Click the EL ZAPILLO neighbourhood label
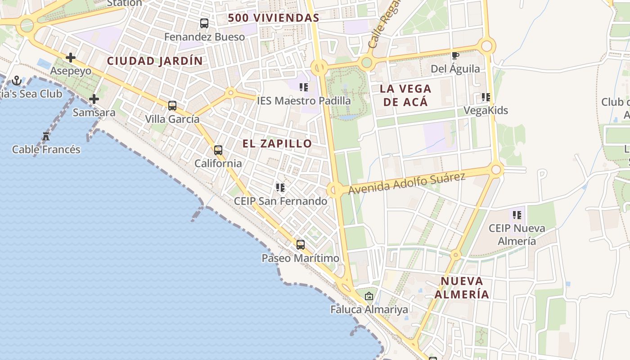[x=277, y=144]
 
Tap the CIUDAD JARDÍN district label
[x=154, y=61]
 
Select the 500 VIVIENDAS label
[x=273, y=18]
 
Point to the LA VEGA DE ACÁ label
[x=405, y=95]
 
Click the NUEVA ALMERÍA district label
[x=461, y=288]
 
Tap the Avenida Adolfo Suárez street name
[x=406, y=183]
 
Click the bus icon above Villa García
[x=172, y=106]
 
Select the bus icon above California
[x=218, y=150]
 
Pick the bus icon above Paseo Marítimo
[x=301, y=245]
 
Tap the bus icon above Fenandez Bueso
[x=204, y=23]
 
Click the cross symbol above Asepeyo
[x=71, y=58]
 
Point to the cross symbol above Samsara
[x=94, y=99]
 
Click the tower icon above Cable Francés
[x=46, y=136]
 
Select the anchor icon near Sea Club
[x=17, y=81]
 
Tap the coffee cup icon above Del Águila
[x=455, y=56]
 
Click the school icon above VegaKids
[x=486, y=97]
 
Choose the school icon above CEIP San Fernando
[x=280, y=187]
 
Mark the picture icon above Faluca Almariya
[x=369, y=296]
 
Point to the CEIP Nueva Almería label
[x=517, y=234]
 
